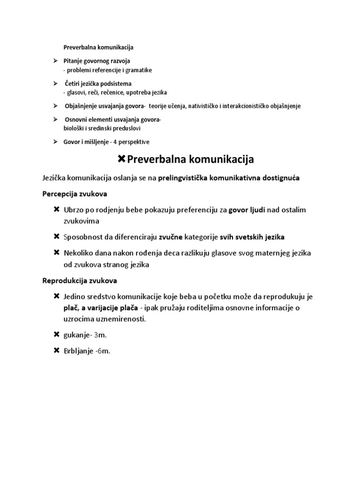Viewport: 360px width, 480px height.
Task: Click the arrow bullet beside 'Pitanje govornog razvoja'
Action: [55, 61]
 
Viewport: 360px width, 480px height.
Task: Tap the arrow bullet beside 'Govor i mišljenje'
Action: [55, 142]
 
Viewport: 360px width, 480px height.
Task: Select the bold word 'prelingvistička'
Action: [185, 178]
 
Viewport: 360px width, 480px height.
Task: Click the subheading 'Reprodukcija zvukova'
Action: [80, 281]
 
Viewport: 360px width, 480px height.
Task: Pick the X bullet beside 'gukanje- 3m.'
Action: [57, 335]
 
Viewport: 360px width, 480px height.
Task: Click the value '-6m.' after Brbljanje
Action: [102, 351]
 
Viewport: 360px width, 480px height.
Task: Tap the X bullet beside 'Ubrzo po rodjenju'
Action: [57, 210]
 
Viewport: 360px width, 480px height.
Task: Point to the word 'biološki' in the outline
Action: [74, 128]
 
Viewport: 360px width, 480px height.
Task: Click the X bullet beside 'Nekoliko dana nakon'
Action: [57, 253]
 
